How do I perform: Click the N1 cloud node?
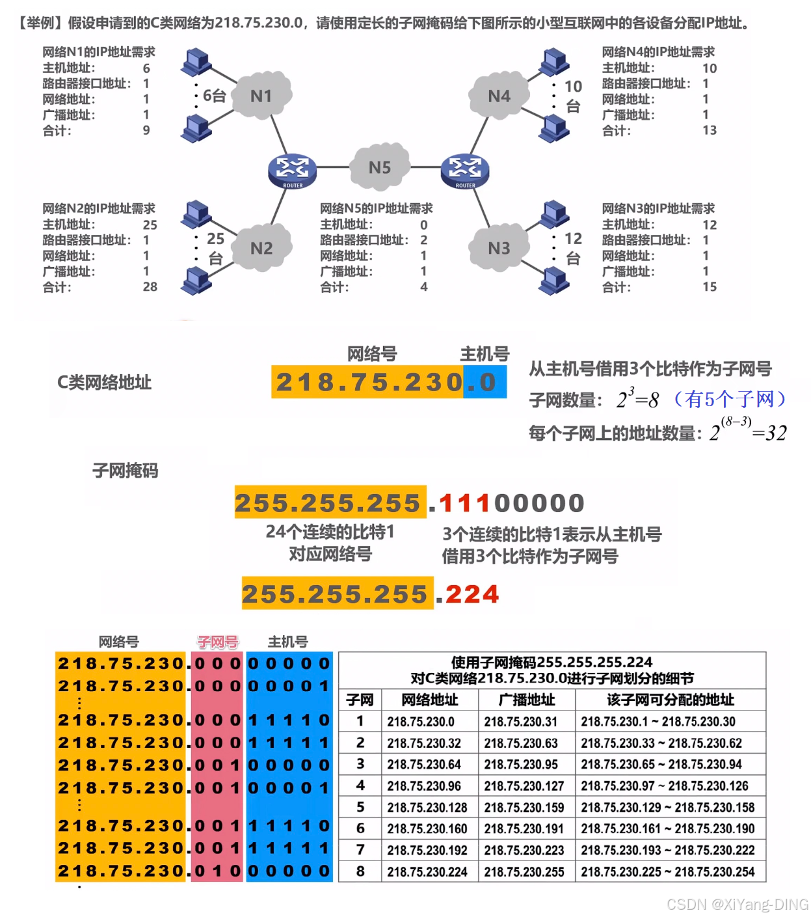[x=261, y=96]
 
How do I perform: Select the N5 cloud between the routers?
[x=380, y=167]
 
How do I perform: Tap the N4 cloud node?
[x=499, y=96]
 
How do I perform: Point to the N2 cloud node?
[x=261, y=248]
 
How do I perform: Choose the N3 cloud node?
[x=499, y=248]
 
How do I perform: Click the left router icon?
[x=292, y=171]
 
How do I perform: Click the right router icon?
[x=464, y=171]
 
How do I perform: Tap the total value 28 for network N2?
[x=150, y=287]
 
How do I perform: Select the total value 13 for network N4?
[x=710, y=130]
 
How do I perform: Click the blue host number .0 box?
[x=485, y=383]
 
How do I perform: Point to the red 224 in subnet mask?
[x=472, y=594]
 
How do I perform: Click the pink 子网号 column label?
[x=218, y=642]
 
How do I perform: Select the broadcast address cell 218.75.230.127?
[x=524, y=786]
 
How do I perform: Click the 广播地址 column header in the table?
[x=527, y=700]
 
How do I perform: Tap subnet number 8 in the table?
[x=360, y=871]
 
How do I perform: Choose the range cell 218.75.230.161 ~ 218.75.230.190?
[x=667, y=829]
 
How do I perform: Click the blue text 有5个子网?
[x=730, y=399]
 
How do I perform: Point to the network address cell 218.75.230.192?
[x=427, y=851]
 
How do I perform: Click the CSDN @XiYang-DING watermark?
[x=738, y=905]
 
